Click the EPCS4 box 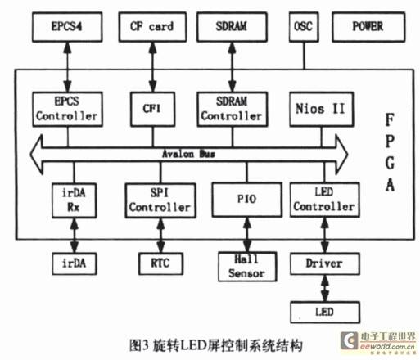[x=67, y=27]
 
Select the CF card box [x=152, y=27]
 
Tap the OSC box [x=304, y=27]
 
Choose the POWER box [x=368, y=27]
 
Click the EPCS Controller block [x=67, y=109]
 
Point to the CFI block [x=152, y=109]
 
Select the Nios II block [x=322, y=109]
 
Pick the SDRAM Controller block [x=233, y=109]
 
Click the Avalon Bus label [x=188, y=154]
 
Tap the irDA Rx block [x=75, y=200]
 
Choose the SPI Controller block [x=160, y=200]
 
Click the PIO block [x=247, y=200]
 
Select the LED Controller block [x=324, y=200]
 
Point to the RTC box [x=160, y=263]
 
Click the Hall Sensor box [x=247, y=267]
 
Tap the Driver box [x=325, y=263]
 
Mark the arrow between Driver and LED [x=325, y=288]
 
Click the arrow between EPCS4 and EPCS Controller [x=67, y=67]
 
